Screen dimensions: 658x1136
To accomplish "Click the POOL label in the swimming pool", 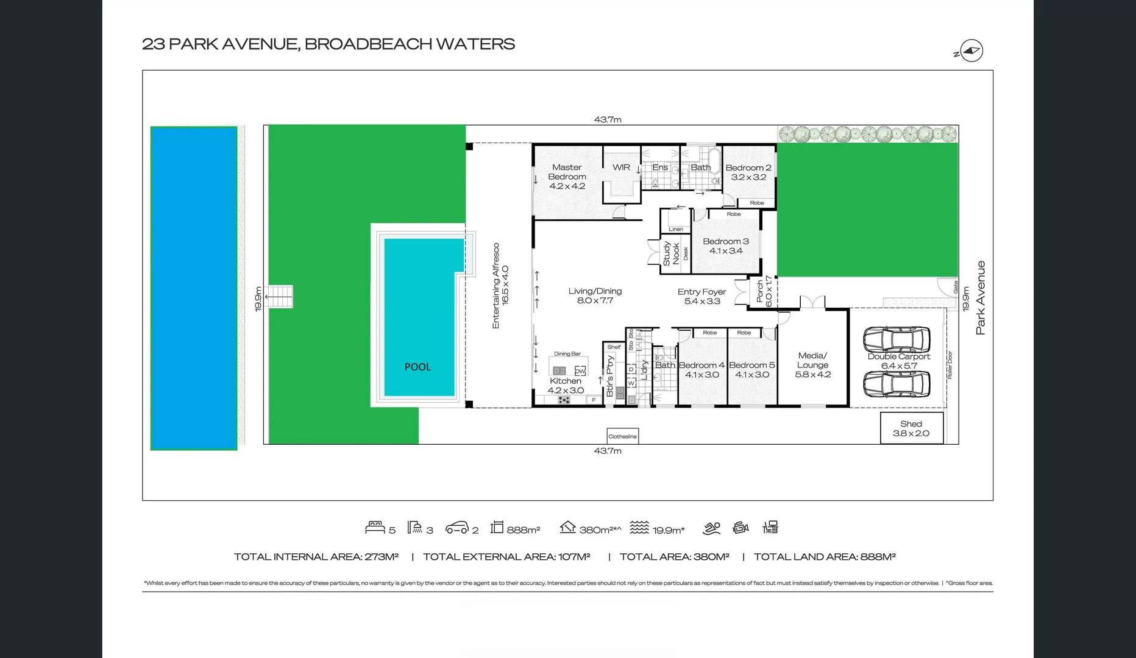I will (417, 367).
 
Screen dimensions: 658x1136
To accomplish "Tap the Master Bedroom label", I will (567, 176).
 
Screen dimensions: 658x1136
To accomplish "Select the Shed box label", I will (911, 428).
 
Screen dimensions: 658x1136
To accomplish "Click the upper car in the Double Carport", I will (896, 339).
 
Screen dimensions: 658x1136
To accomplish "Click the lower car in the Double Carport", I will (896, 384).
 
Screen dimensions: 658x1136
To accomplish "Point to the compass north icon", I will (971, 51).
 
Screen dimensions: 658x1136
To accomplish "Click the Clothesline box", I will (622, 436).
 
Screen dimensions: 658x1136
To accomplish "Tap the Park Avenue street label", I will (980, 298).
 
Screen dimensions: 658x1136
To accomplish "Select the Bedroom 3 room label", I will (725, 246).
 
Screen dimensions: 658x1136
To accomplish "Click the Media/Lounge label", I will (812, 364).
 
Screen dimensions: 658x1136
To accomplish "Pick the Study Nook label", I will (671, 253).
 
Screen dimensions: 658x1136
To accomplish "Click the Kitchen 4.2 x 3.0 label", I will (566, 385).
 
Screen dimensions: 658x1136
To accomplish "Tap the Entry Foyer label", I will (701, 296).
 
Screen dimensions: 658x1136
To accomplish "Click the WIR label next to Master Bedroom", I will (621, 167).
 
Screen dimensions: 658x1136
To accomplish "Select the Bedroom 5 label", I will (751, 369).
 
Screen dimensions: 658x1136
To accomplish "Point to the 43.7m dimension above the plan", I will (608, 119).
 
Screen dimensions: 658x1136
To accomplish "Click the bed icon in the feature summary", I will (375, 528).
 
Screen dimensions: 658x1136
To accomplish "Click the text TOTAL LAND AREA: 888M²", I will (824, 556).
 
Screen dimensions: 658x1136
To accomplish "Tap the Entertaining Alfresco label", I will (500, 286).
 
